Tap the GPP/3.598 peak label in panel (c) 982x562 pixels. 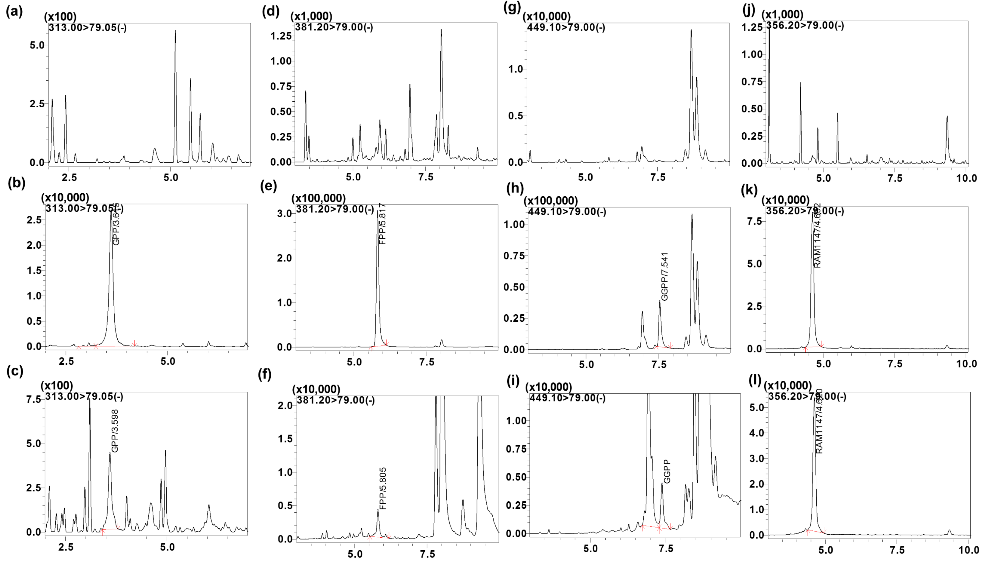115,431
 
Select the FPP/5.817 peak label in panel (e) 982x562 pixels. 382,224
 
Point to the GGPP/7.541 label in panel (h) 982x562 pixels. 664,277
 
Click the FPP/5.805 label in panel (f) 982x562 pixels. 383,488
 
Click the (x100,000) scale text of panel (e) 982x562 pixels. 319,198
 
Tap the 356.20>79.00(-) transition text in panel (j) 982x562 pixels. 805,26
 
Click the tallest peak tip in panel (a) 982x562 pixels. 175,31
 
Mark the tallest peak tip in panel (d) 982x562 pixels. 441,30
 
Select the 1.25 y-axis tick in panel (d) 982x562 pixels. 281,36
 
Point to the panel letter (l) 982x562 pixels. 754,381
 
